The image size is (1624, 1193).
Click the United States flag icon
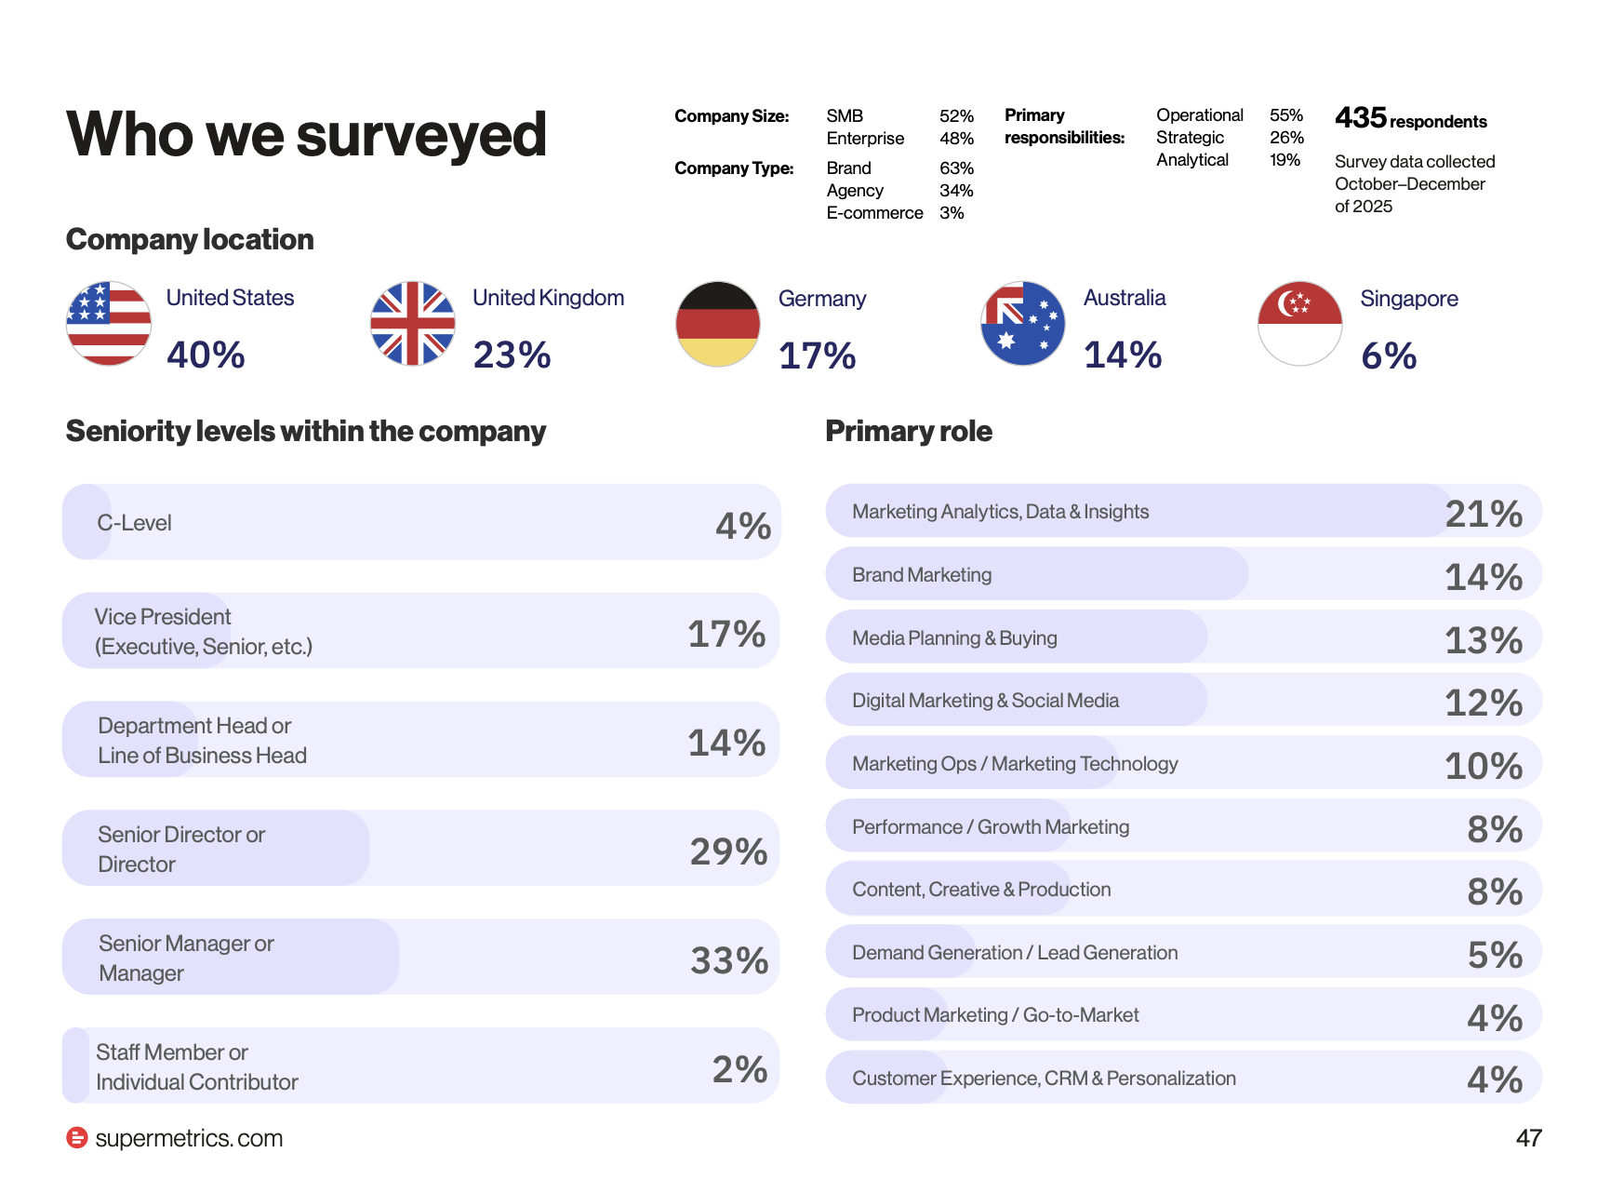pyautogui.click(x=109, y=324)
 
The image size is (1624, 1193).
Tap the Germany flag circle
pyautogui.click(x=718, y=324)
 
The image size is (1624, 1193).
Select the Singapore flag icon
pyautogui.click(x=1300, y=324)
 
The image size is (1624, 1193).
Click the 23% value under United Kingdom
pyautogui.click(x=512, y=355)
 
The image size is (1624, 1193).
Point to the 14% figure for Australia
pyautogui.click(x=1123, y=355)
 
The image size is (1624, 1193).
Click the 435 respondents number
pyautogui.click(x=1361, y=118)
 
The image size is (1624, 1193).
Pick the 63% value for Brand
pyautogui.click(x=956, y=168)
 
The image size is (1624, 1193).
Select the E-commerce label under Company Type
pyautogui.click(x=874, y=213)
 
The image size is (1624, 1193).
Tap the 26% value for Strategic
pyautogui.click(x=1286, y=138)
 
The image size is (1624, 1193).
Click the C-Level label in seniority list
pyautogui.click(x=134, y=523)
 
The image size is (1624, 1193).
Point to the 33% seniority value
pyautogui.click(x=729, y=960)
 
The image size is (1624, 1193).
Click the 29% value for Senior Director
pyautogui.click(x=728, y=851)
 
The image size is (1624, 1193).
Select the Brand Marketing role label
pyautogui.click(x=922, y=575)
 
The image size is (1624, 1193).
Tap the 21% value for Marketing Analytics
pyautogui.click(x=1484, y=514)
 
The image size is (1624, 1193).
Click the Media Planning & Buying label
pyautogui.click(x=954, y=638)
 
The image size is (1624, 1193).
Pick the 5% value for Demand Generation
pyautogui.click(x=1495, y=955)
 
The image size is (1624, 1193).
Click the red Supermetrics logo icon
pyautogui.click(x=77, y=1137)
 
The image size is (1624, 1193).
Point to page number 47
pyautogui.click(x=1529, y=1138)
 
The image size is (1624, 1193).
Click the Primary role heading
pyautogui.click(x=909, y=431)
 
